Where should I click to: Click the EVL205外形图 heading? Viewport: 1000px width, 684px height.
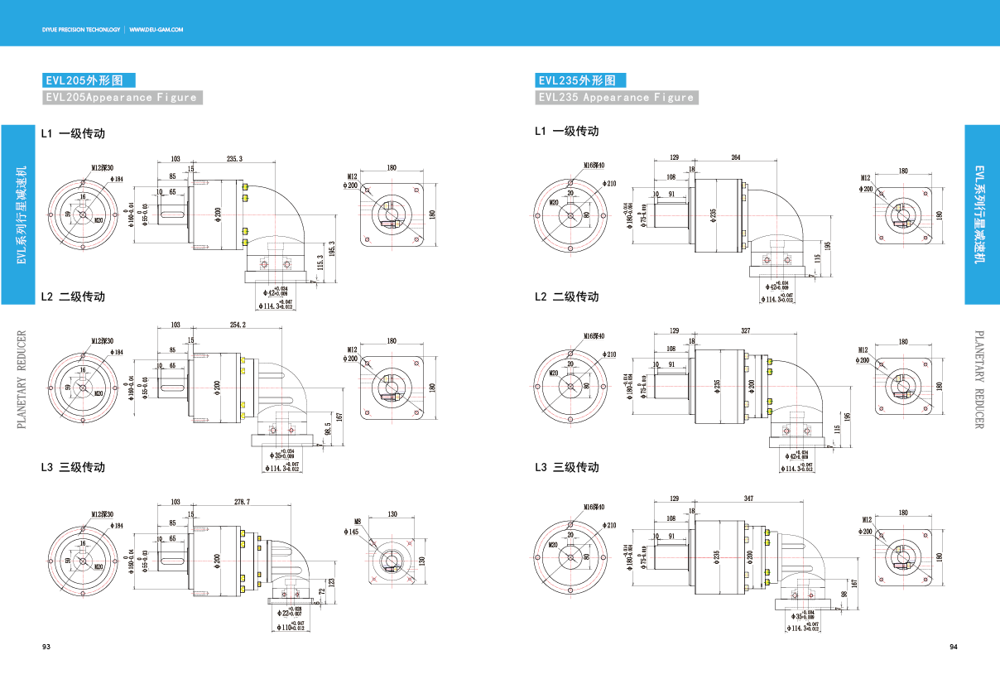click(89, 80)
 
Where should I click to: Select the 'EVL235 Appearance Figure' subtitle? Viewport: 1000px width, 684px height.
click(617, 98)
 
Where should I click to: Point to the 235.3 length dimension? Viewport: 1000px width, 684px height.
click(233, 158)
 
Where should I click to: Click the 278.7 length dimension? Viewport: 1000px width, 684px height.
click(243, 502)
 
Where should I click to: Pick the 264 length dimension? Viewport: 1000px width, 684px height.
click(736, 157)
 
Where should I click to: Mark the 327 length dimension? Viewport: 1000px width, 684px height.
click(745, 330)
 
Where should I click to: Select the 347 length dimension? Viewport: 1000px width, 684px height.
click(749, 499)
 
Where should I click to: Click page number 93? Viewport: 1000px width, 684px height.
click(46, 647)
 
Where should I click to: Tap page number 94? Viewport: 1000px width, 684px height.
click(953, 647)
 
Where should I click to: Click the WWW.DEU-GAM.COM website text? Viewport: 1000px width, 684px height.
click(156, 29)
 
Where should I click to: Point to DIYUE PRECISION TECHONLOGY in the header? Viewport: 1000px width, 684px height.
click(81, 29)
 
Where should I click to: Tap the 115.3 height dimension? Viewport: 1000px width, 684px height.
click(320, 263)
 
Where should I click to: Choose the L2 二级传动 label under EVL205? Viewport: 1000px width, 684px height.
click(73, 296)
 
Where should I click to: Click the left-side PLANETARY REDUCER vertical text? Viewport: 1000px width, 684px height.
click(22, 380)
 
